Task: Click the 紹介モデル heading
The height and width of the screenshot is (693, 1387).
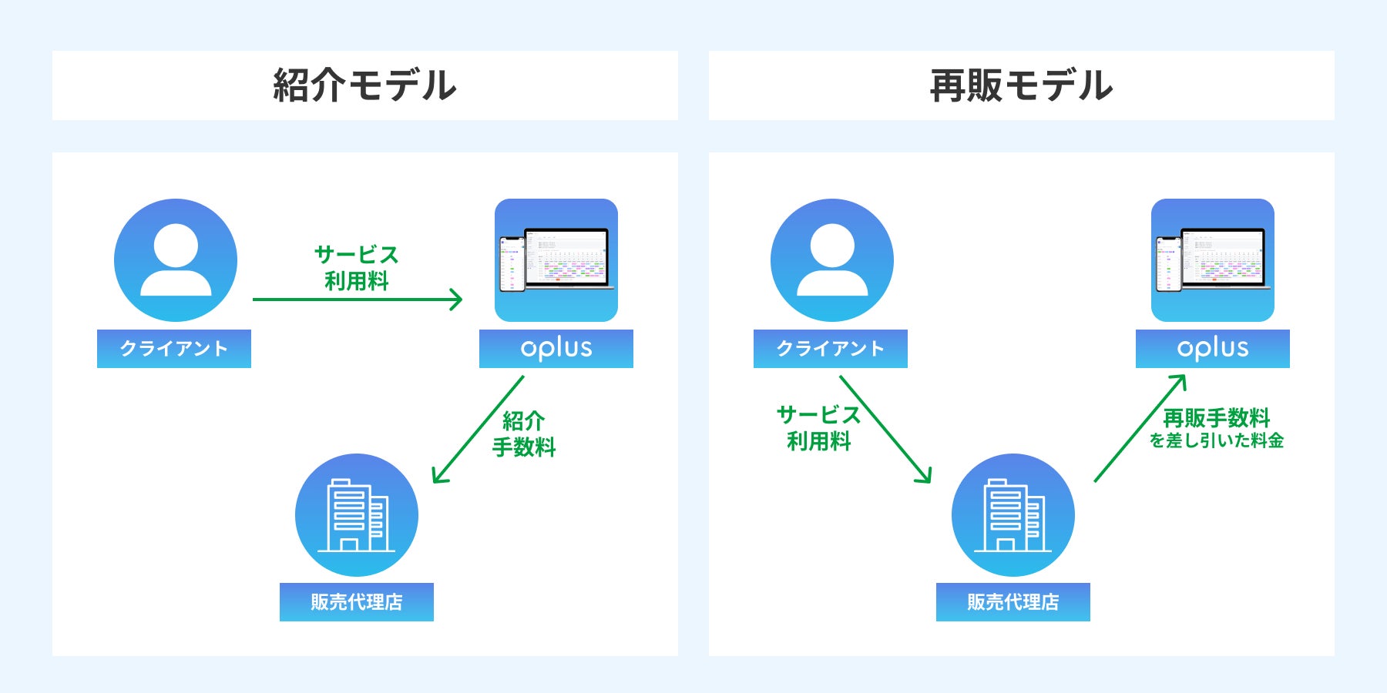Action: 364,85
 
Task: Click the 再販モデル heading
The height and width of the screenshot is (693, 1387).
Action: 1021,85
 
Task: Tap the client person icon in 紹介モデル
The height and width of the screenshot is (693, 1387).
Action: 176,260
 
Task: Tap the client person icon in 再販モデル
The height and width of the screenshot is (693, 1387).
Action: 832,260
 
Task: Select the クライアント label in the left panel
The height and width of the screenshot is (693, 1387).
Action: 174,349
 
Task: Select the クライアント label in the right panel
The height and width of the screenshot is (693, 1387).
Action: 831,349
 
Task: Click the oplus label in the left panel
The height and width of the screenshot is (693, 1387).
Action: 556,349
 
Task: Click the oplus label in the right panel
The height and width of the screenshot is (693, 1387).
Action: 1213,349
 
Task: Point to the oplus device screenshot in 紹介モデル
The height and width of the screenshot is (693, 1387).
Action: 556,260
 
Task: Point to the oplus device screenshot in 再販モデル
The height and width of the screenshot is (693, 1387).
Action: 1213,260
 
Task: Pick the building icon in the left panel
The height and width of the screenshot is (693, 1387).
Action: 357,515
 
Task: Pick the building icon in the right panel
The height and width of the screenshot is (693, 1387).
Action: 1013,515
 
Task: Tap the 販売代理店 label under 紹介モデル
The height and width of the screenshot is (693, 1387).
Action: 357,602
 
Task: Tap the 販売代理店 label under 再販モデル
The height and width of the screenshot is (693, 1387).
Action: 1013,602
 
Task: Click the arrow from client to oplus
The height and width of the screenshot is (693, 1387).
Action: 357,300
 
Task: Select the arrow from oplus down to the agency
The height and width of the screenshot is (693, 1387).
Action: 479,430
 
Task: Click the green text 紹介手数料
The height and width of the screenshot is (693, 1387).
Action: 524,434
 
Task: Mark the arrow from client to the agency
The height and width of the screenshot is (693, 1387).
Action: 885,430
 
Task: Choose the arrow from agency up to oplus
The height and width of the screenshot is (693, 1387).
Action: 1140,428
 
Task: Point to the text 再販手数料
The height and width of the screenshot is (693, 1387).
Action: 1216,418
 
